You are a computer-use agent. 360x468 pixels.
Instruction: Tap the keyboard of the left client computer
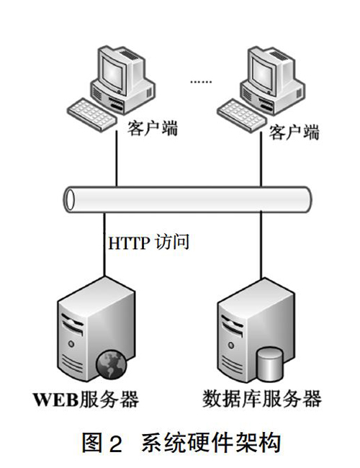[91, 114]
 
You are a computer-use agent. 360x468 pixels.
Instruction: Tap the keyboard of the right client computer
[241, 115]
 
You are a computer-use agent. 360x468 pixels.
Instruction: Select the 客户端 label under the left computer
[152, 129]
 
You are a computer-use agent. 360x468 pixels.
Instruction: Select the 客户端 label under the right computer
[294, 132]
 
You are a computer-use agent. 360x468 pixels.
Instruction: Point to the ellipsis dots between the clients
[201, 81]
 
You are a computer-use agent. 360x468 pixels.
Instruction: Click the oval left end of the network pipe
[70, 199]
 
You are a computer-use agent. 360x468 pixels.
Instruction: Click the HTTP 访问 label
[148, 242]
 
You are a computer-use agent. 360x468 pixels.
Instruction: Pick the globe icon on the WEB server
[112, 364]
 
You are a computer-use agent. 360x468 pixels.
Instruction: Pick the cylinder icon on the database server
[269, 364]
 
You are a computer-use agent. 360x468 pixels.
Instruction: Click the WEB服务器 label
[86, 400]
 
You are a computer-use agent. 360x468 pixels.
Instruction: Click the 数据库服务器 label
[262, 398]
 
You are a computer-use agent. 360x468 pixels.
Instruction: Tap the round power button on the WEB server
[71, 344]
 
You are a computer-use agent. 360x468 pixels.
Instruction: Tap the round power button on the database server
[230, 345]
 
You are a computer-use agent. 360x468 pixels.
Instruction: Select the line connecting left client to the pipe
[117, 158]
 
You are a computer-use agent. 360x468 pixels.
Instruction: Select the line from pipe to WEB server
[104, 244]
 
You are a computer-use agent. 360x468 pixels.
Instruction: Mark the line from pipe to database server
[261, 245]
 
